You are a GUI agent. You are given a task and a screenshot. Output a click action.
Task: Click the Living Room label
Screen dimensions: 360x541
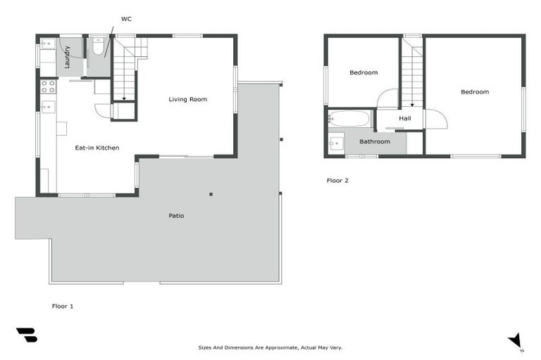tap(188, 99)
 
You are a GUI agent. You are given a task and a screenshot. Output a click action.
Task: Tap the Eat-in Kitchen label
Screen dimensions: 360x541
tap(97, 148)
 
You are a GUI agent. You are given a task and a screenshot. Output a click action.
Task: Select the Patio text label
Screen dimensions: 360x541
tap(176, 215)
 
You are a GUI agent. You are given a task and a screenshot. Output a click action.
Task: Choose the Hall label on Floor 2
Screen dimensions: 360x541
tap(405, 118)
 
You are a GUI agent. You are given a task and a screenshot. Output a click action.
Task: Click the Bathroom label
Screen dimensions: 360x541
tap(375, 141)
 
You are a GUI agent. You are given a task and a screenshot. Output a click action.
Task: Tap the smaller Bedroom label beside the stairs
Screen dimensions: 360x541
tap(363, 72)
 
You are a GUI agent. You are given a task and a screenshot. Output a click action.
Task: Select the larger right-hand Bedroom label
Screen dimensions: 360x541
tap(475, 91)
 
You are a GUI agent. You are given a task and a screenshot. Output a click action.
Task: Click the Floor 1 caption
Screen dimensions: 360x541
tap(63, 306)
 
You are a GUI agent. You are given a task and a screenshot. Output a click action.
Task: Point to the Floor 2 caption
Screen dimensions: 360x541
tap(337, 180)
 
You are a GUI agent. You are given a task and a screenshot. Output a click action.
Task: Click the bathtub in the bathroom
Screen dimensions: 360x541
tap(349, 118)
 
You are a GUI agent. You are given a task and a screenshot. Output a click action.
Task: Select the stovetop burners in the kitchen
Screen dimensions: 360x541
tap(49, 86)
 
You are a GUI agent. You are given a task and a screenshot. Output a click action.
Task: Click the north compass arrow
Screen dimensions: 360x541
tap(516, 341)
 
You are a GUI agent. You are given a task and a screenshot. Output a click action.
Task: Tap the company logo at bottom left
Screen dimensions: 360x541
tap(27, 335)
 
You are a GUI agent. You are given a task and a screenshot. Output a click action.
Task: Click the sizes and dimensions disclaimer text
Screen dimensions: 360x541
tap(270, 347)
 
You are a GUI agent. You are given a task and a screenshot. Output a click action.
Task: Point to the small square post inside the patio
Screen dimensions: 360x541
tap(211, 194)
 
